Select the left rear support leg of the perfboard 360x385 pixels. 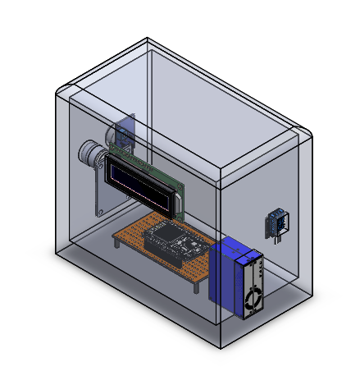click(x=114, y=243)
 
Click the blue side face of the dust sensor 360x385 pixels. click(x=224, y=284)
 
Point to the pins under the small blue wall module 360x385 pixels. click(x=276, y=238)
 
